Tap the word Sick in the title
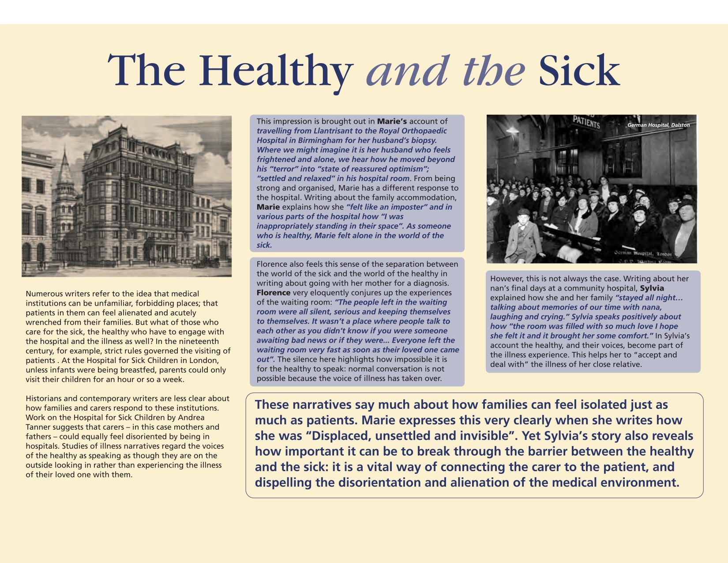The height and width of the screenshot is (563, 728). [x=579, y=71]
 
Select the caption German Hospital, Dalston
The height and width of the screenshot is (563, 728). [x=658, y=125]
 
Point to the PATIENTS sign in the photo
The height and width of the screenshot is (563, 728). [x=586, y=121]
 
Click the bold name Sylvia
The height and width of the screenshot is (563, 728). [x=652, y=288]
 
